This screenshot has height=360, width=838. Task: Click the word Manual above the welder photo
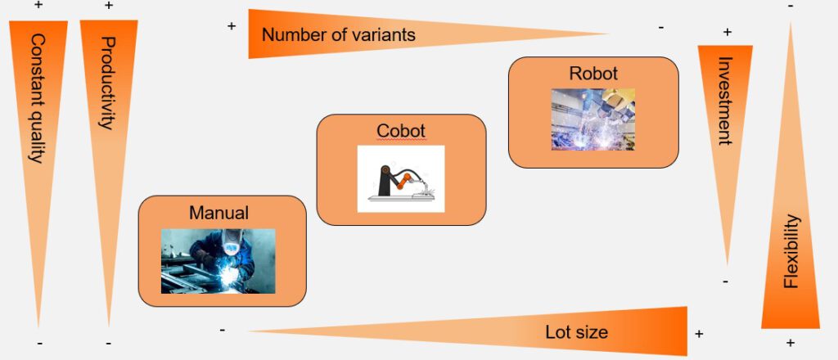click(x=219, y=213)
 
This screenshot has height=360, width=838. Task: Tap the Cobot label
click(x=401, y=131)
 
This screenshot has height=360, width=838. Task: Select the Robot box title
click(x=593, y=73)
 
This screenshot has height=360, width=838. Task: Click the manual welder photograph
click(x=218, y=261)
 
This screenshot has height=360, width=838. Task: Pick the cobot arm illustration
click(x=401, y=179)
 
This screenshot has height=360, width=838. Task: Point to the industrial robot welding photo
click(x=593, y=119)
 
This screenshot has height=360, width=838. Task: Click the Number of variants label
click(x=338, y=35)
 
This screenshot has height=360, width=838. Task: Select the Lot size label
click(x=577, y=332)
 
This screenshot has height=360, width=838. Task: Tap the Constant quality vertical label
click(x=37, y=98)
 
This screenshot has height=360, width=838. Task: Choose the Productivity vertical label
click(x=108, y=83)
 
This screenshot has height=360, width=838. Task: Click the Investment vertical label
click(x=724, y=101)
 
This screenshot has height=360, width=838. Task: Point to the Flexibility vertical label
click(x=791, y=251)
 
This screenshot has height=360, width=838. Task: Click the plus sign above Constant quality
click(x=38, y=5)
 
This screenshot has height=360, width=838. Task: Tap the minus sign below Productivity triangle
click(x=109, y=343)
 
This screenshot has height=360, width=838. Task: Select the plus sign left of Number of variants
click(x=232, y=25)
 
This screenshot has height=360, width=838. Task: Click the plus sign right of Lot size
click(x=699, y=334)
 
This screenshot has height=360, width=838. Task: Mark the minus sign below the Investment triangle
click(x=725, y=281)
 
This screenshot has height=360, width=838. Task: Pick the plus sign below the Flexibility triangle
click(x=791, y=343)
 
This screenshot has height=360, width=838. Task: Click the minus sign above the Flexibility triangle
click(x=791, y=6)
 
